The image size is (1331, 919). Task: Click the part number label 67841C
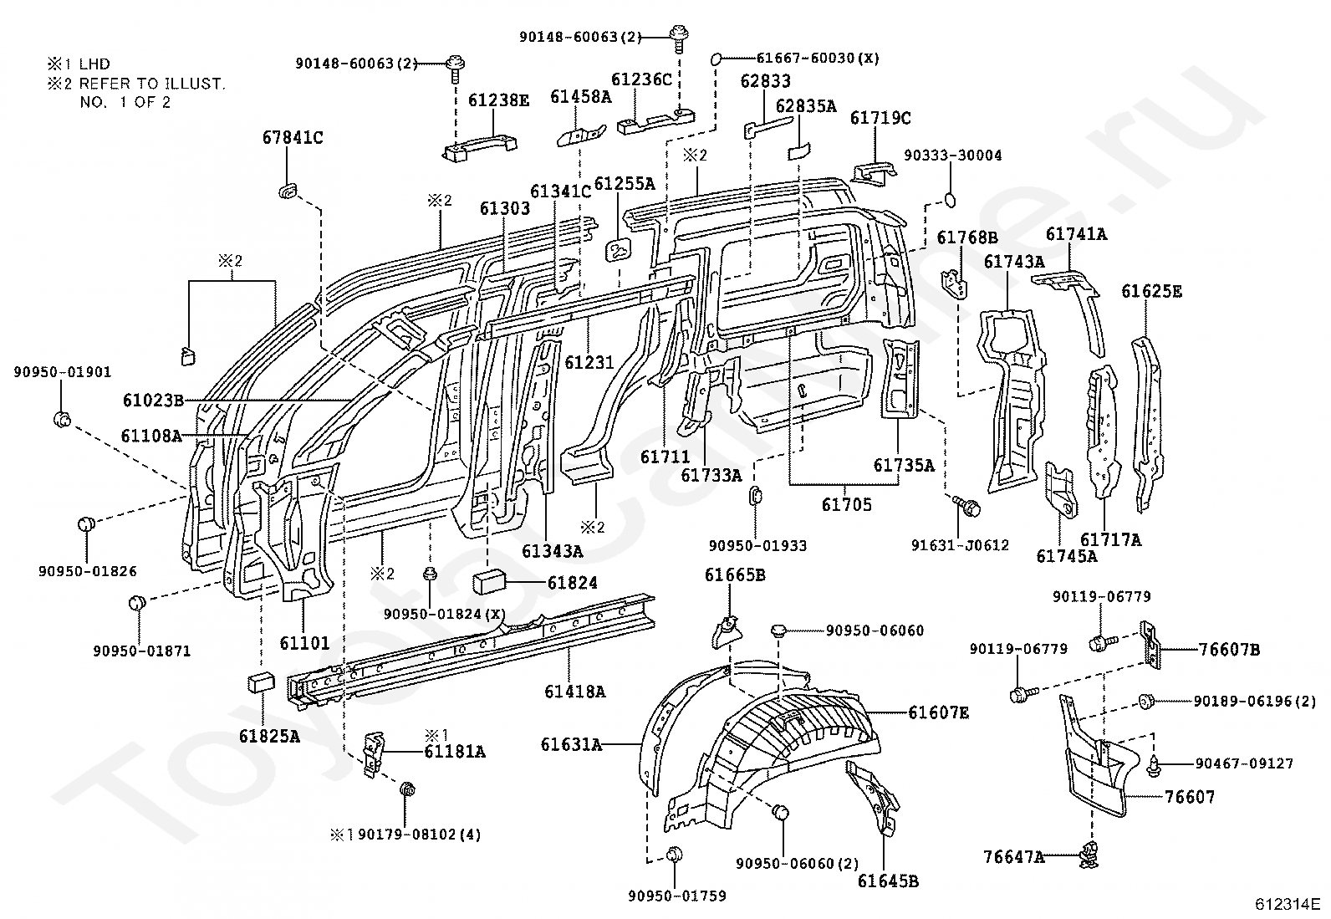pyautogui.click(x=293, y=138)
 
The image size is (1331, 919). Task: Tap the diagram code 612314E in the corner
pyautogui.click(x=1288, y=904)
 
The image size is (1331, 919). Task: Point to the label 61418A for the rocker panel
pyautogui.click(x=574, y=692)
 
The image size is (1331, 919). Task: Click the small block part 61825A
pyautogui.click(x=262, y=682)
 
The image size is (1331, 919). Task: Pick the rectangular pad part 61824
pyautogui.click(x=489, y=582)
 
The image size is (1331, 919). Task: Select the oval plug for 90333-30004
pyautogui.click(x=950, y=199)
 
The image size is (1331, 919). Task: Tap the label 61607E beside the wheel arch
pyautogui.click(x=939, y=712)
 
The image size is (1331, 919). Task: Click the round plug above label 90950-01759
pyautogui.click(x=675, y=855)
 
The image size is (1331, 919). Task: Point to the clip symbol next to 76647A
pyautogui.click(x=1089, y=855)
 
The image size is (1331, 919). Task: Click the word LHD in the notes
pyautogui.click(x=94, y=64)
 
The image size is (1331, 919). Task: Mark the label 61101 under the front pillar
pyautogui.click(x=304, y=642)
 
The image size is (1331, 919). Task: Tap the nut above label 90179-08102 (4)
pyautogui.click(x=407, y=789)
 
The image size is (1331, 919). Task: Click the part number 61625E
pyautogui.click(x=1151, y=291)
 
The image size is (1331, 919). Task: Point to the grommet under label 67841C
pyautogui.click(x=288, y=191)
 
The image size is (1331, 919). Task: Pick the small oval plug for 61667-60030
pyautogui.click(x=716, y=59)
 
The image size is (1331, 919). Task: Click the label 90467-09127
pyautogui.click(x=1244, y=763)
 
